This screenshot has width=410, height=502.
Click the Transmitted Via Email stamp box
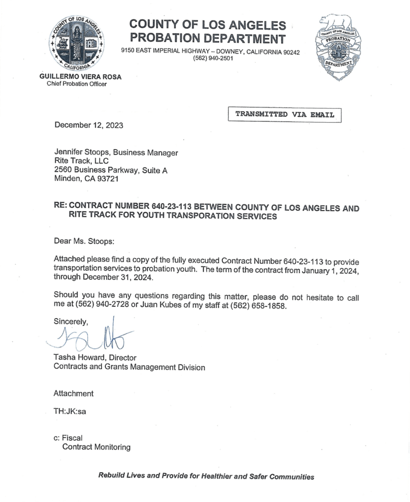pos(285,115)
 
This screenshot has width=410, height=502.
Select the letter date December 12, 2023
pos(89,125)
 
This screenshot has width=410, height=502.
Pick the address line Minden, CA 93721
pos(86,178)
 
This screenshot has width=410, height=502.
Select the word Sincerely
pos(71,322)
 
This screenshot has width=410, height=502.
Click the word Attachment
pos(73,393)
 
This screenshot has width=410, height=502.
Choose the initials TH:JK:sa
pos(70,411)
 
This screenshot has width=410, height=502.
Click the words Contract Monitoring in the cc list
pos(96,447)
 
